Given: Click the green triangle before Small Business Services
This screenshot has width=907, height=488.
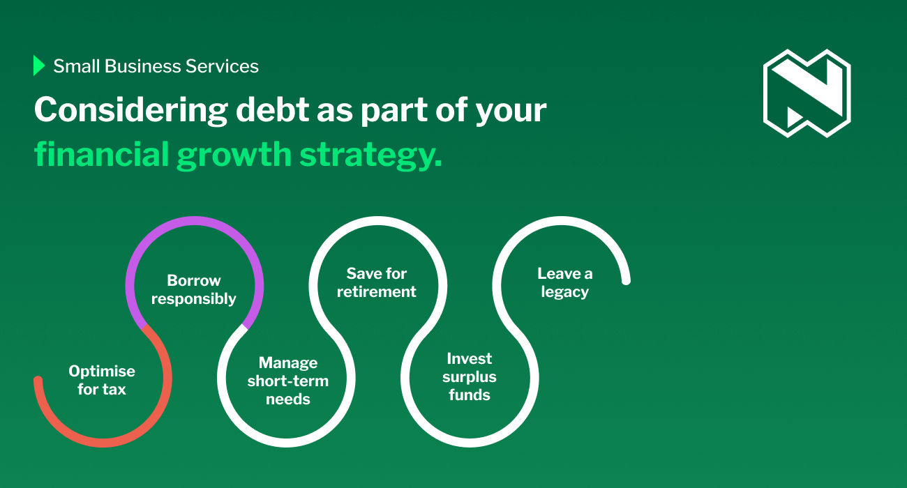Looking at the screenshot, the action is (x=38, y=66).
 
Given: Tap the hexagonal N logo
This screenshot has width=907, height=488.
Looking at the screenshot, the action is (x=807, y=93).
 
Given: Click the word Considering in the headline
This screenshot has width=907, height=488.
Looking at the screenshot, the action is (x=131, y=110).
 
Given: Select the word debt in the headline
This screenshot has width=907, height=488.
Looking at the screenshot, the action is (x=273, y=109).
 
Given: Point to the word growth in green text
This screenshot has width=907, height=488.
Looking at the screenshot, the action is (x=234, y=155).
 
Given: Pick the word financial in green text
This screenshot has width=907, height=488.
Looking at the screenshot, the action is (x=102, y=154).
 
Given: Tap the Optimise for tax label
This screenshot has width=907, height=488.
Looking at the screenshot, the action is (x=102, y=380).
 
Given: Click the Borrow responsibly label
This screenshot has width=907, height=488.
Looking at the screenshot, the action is (x=193, y=290).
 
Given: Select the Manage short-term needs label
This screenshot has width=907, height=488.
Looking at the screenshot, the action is (x=288, y=381).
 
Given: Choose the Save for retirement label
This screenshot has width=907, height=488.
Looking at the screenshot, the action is (x=377, y=282).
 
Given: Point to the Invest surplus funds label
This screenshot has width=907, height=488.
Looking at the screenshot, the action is (x=470, y=376).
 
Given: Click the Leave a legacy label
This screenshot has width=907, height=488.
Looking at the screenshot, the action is (x=565, y=283).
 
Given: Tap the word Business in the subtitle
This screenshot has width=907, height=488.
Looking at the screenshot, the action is (x=142, y=66).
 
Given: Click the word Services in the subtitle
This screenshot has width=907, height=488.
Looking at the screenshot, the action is (x=222, y=66).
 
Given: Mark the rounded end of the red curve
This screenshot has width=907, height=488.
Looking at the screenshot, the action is (x=38, y=380).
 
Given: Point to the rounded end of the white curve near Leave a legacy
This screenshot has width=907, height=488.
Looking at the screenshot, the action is (x=626, y=280).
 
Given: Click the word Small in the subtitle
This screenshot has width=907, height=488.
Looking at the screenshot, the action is (x=77, y=66).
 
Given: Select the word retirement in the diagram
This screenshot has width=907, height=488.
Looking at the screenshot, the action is (x=377, y=291).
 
